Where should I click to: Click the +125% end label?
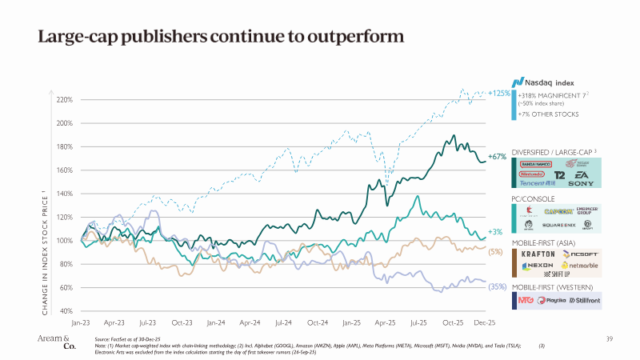point(499,94)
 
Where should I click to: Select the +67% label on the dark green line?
point(497,157)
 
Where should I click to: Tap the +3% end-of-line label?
point(494,232)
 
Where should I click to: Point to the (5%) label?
point(495,252)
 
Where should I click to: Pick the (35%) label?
point(497,286)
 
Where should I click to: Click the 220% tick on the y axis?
point(65,100)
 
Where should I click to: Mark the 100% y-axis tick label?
point(65,241)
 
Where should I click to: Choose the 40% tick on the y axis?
point(66,311)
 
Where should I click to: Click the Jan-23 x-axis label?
point(81,323)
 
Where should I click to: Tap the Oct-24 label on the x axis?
point(318,323)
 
